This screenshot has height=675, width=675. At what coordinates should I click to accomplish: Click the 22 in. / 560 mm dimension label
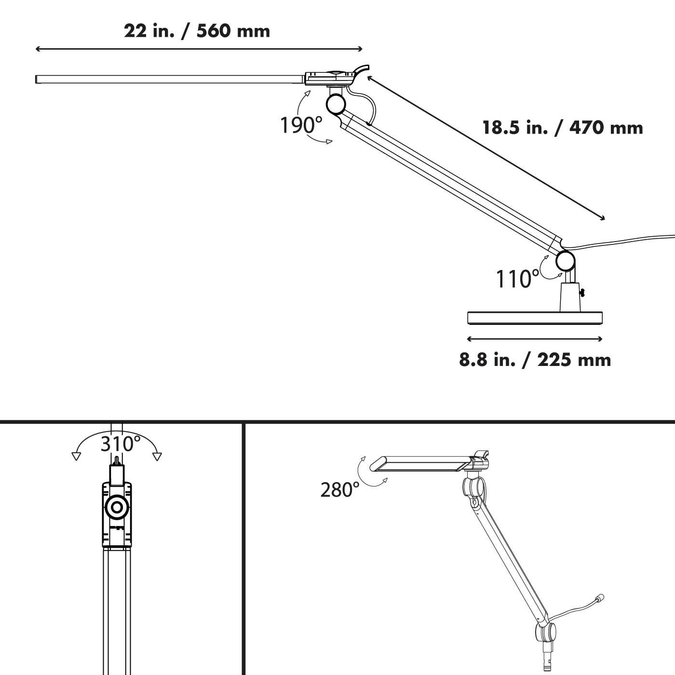point(197,31)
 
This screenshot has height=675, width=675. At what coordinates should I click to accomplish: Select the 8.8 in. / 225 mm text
point(535,360)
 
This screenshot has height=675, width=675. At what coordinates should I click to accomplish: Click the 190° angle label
point(301,125)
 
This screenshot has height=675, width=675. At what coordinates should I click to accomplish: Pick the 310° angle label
point(121,444)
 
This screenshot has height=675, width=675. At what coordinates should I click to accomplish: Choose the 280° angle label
point(340,490)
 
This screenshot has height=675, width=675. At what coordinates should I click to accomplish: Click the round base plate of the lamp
point(535,318)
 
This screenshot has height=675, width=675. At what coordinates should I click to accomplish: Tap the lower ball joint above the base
point(565,261)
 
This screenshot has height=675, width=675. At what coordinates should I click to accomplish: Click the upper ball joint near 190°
point(336,105)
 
